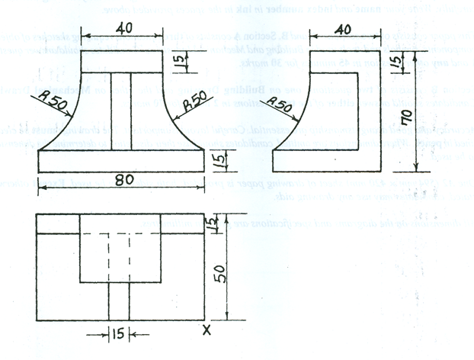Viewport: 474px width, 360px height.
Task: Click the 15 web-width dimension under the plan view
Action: pyautogui.click(x=119, y=334)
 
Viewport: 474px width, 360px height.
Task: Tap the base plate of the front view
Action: pyautogui.click(x=122, y=162)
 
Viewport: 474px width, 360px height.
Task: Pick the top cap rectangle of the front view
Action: pyautogui.click(x=122, y=62)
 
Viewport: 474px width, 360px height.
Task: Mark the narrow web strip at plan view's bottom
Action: pyautogui.click(x=120, y=302)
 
